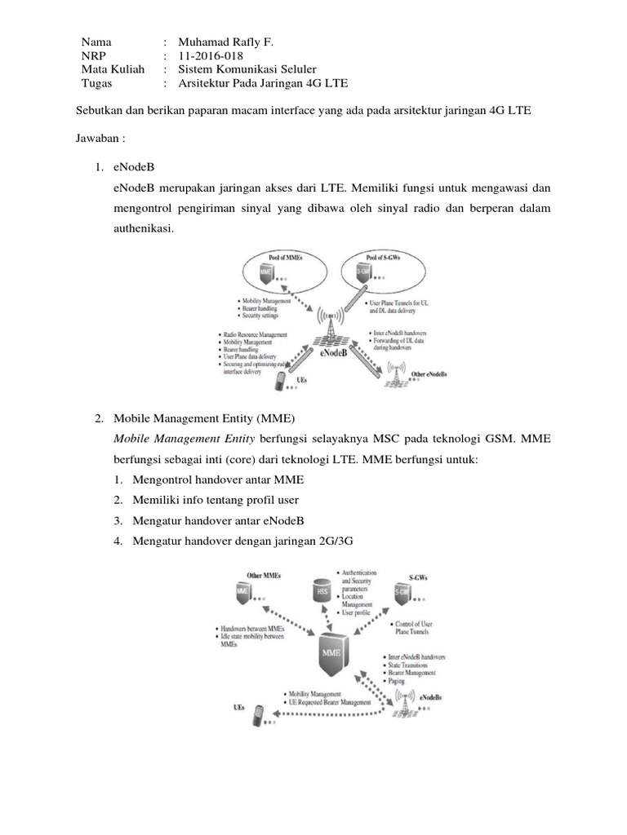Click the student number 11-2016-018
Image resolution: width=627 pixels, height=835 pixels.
tap(210, 55)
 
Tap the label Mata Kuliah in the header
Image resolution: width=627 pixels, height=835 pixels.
tap(113, 69)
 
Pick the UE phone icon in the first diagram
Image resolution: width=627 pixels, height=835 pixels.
tap(282, 380)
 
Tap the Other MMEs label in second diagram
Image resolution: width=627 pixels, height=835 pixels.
tap(264, 576)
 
